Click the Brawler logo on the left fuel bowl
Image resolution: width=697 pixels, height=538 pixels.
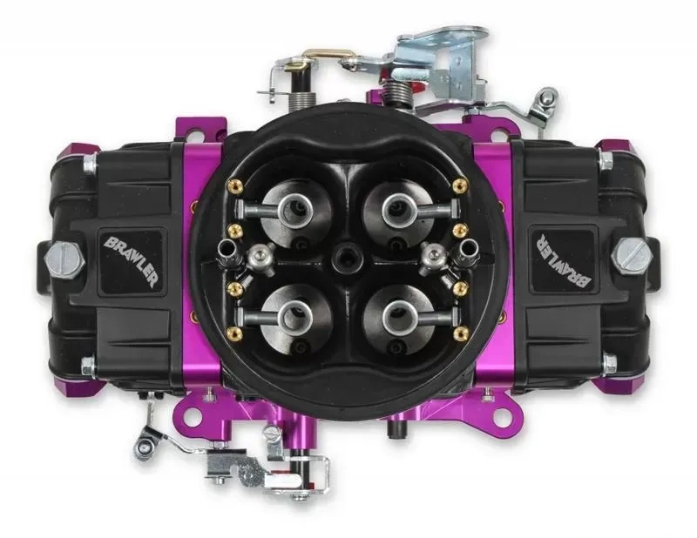[129, 262]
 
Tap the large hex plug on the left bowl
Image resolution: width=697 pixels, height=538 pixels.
[64, 259]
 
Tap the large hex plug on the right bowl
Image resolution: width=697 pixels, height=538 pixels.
[631, 255]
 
